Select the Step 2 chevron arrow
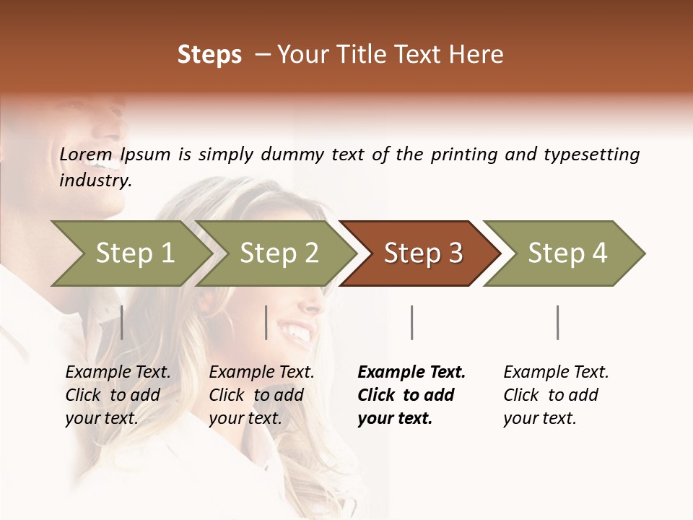pos(277,253)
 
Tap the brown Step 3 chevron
pos(422,253)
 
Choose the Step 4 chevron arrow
pos(566,253)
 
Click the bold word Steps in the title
pos(209,55)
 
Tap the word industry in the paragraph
pos(95,181)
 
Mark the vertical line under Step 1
pos(122,322)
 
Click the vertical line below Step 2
pos(266,322)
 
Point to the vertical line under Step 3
pos(411,322)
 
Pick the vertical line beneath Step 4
pos(557,322)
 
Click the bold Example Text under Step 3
pos(411,373)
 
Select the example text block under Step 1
pos(118,395)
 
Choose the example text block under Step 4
pos(556,395)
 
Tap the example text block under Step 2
pos(261,395)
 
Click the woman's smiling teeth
pos(297,333)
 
